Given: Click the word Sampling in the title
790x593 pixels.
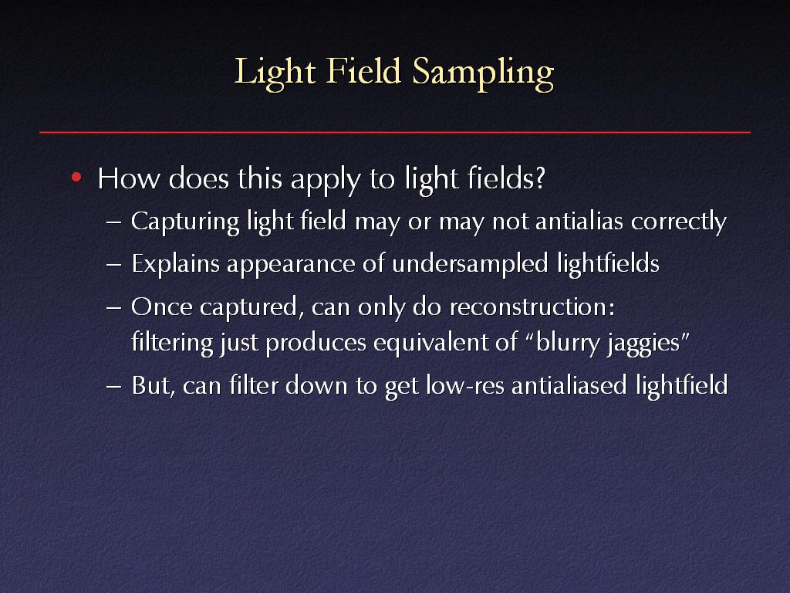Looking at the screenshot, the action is pyautogui.click(x=483, y=73).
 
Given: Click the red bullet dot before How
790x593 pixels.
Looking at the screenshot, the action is pyautogui.click(x=76, y=177).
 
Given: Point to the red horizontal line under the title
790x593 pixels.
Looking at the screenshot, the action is pyautogui.click(x=395, y=132).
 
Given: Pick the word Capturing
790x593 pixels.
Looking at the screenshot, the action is pyautogui.click(x=185, y=222).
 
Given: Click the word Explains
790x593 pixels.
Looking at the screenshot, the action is pyautogui.click(x=175, y=265).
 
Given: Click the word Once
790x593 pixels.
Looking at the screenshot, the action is pyautogui.click(x=162, y=307).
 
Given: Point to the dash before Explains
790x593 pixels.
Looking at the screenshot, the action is pyautogui.click(x=114, y=265).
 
